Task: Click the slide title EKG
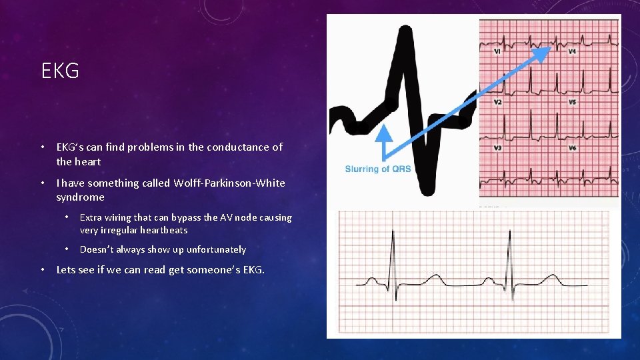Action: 60,71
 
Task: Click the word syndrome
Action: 80,197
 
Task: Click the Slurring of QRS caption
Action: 377,169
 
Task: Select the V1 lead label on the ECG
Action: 497,51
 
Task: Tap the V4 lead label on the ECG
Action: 572,51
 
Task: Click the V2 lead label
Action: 497,102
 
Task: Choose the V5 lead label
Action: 572,102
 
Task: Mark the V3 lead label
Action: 497,147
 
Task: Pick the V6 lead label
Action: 572,147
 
